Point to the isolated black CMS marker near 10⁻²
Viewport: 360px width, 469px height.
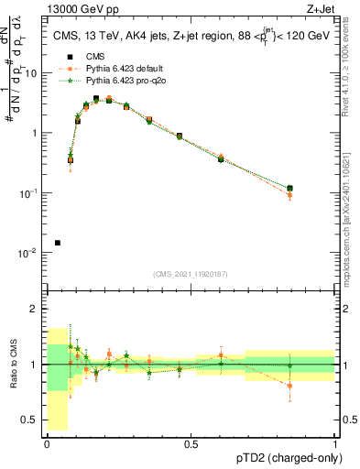pyautogui.click(x=58, y=243)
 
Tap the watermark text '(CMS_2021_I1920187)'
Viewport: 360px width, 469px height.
pyautogui.click(x=191, y=273)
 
